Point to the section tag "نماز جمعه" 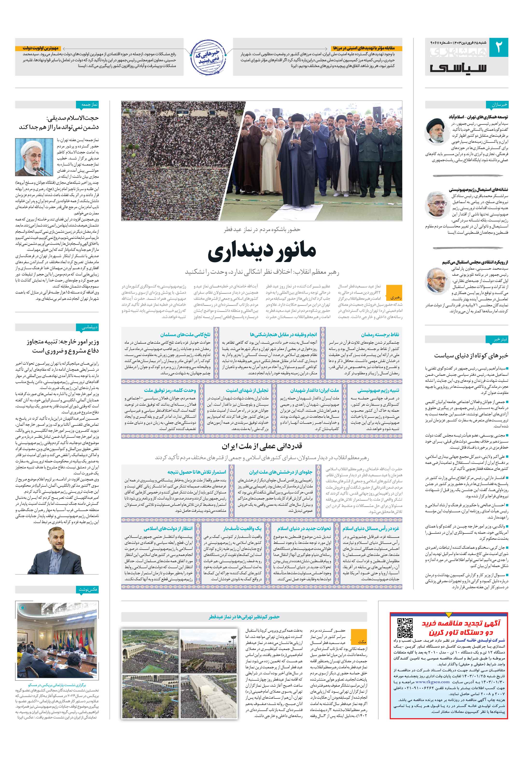pos(90,105)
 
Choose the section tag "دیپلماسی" pos(90,327)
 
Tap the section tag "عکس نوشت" pos(89,589)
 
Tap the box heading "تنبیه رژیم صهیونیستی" pos(378,390)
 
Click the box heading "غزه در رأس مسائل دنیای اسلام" pos(370,528)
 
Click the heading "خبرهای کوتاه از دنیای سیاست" pos(471,355)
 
